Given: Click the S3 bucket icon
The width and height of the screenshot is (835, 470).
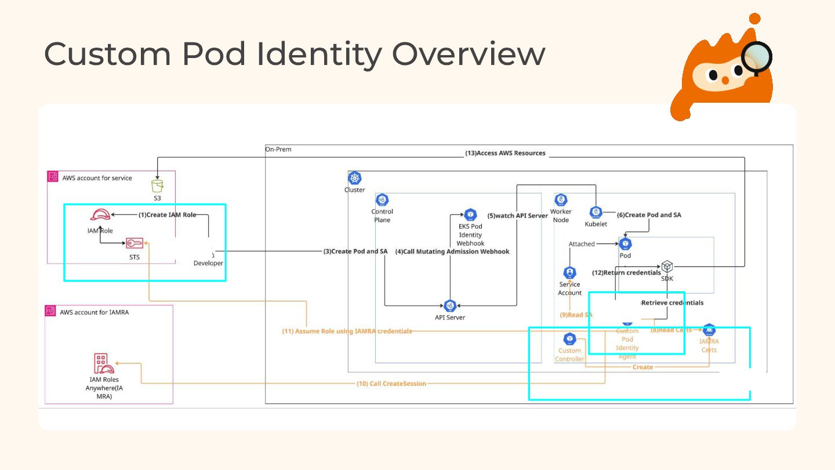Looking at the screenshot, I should click(x=157, y=186).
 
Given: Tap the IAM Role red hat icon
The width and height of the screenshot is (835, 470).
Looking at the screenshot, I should click(x=100, y=215).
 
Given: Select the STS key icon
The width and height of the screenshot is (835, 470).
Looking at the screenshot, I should click(x=135, y=243).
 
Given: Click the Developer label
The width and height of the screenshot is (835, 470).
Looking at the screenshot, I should click(x=208, y=263).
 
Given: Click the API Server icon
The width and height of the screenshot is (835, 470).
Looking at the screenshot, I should click(x=450, y=305).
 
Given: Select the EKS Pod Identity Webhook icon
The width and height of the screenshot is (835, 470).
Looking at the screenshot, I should click(x=470, y=215).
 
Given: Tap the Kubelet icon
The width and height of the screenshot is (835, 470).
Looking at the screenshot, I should click(x=596, y=212).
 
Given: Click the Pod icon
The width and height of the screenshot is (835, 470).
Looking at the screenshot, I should click(x=625, y=244).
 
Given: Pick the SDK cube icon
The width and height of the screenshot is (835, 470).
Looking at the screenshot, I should click(x=667, y=266).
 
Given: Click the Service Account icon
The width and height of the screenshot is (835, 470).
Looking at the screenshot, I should click(x=570, y=273).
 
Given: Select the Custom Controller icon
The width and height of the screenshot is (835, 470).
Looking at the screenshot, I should click(x=569, y=339).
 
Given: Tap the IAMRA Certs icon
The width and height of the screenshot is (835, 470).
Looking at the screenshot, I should click(x=709, y=330).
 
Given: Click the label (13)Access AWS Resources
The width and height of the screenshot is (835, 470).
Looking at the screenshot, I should click(x=505, y=153).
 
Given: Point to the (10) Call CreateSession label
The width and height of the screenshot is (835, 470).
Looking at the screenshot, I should click(x=391, y=384).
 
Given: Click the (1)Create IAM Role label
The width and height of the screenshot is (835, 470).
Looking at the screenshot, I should click(x=167, y=215).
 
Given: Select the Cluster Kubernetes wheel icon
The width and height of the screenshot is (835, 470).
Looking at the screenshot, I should click(x=355, y=178).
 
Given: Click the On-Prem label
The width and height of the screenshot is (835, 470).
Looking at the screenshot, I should click(x=278, y=150).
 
